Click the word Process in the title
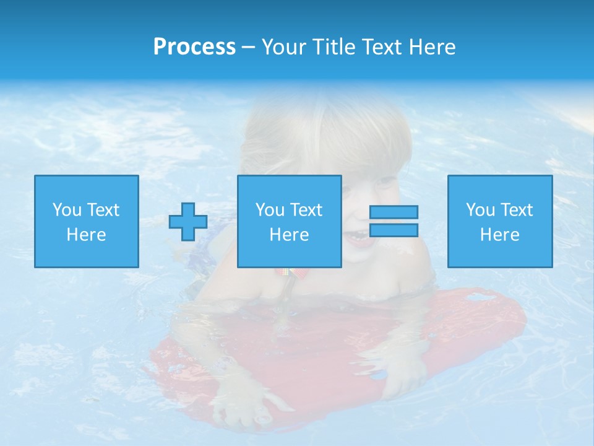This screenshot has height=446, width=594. click(194, 47)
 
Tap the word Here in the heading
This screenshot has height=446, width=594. click(431, 47)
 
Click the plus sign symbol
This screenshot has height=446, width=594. click(188, 222)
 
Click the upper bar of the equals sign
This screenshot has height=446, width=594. click(394, 212)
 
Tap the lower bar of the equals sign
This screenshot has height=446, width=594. click(394, 230)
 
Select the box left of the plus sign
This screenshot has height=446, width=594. click(87, 221)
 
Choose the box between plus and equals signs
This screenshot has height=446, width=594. click(290, 221)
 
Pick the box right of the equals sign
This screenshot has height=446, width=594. click(500, 221)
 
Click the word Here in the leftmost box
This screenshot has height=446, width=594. click(87, 235)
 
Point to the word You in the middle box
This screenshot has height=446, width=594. click(270, 210)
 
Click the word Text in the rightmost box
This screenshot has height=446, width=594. click(515, 210)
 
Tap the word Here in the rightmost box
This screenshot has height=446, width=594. click(500, 235)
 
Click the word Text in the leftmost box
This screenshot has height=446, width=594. click(103, 210)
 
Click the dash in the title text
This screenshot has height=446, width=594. click(249, 48)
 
